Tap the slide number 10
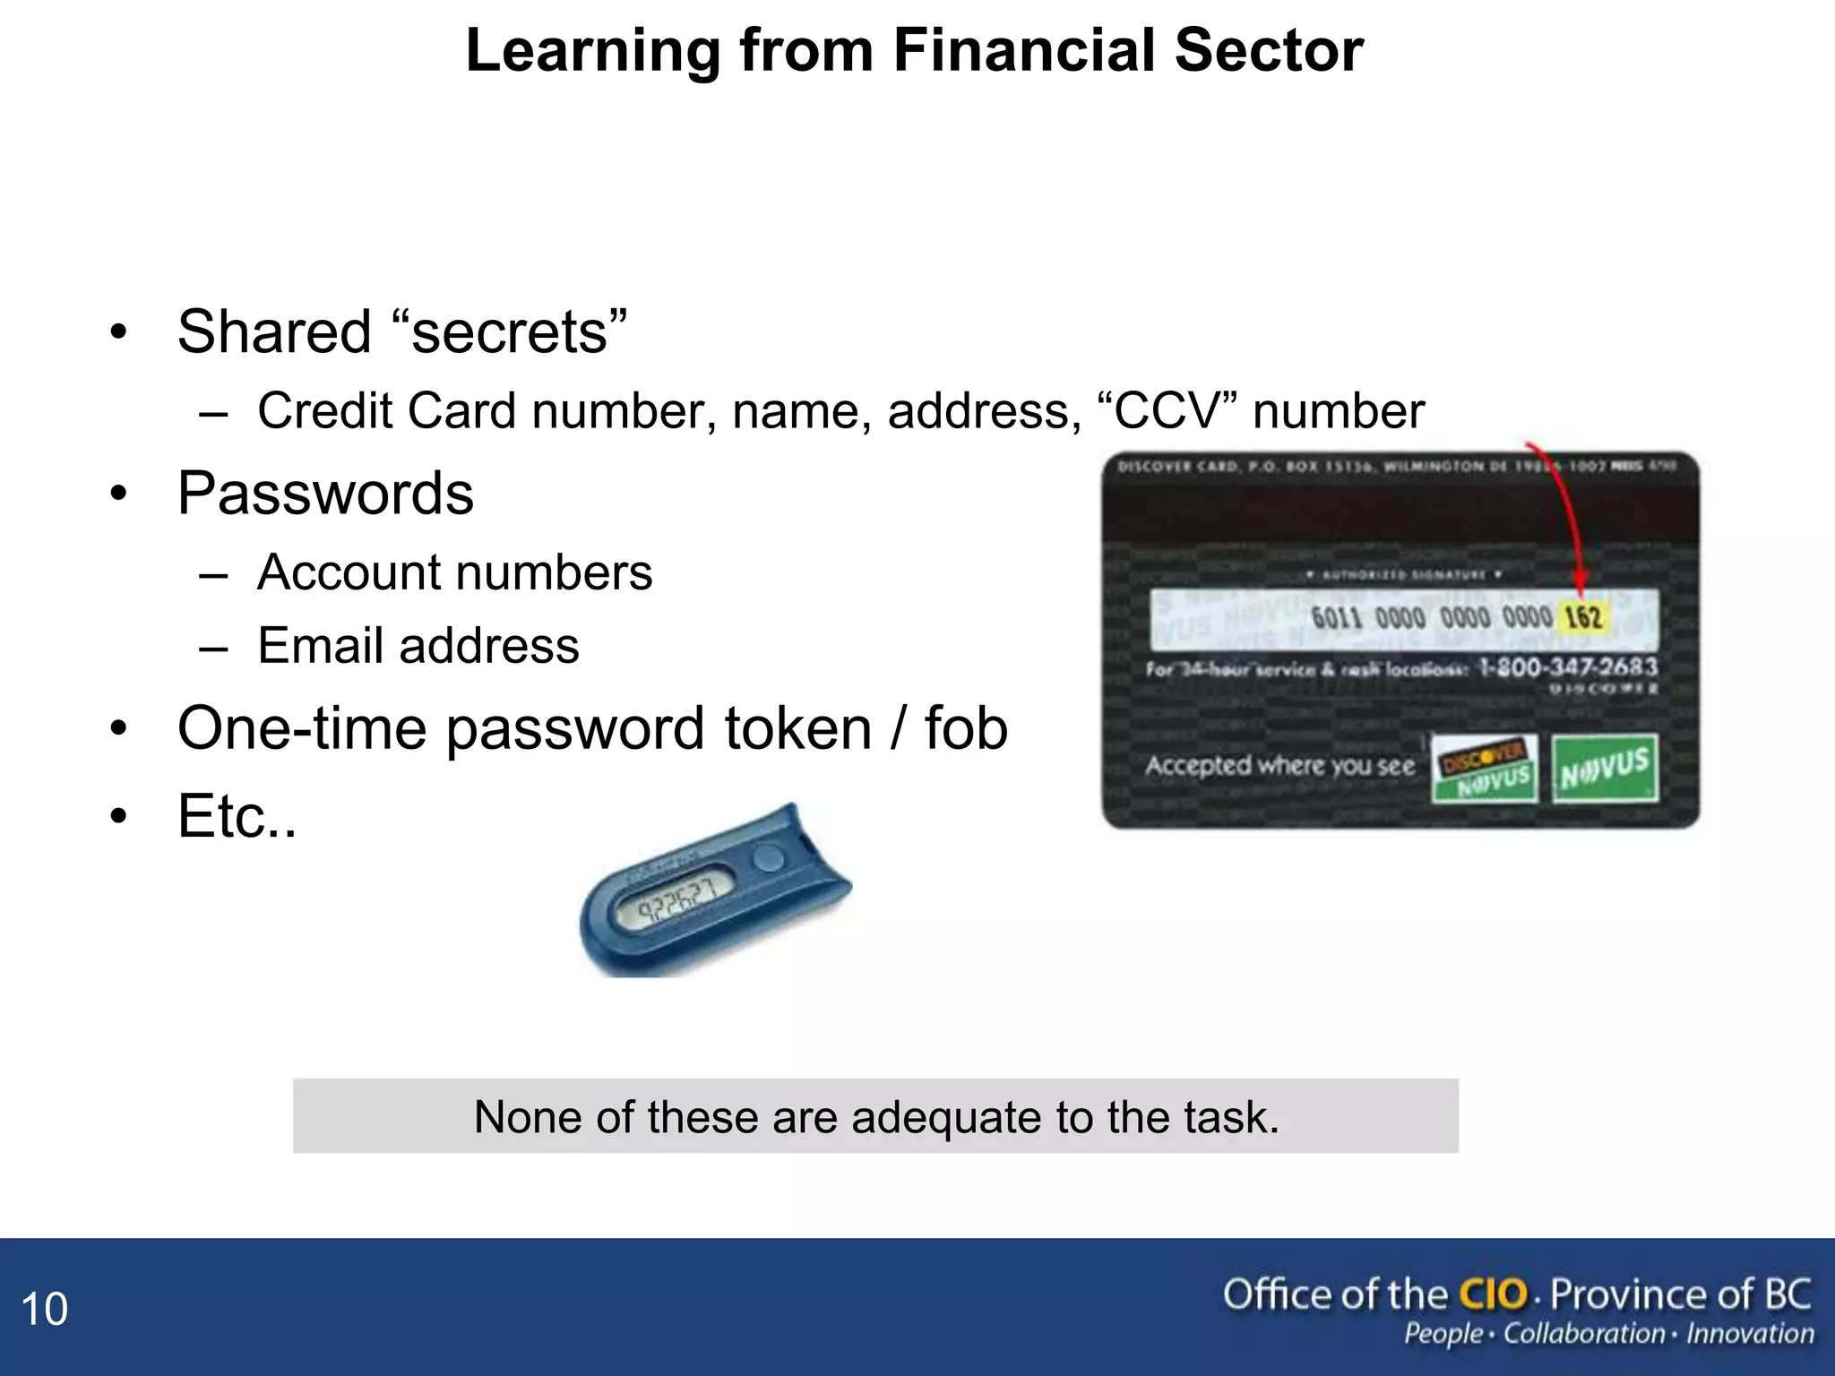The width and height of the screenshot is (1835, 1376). pyautogui.click(x=44, y=1310)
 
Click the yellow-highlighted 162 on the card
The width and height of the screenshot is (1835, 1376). pyautogui.click(x=1583, y=617)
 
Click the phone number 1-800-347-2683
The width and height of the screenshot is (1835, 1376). pyautogui.click(x=1567, y=666)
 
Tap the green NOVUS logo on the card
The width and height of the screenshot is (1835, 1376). pyautogui.click(x=1604, y=769)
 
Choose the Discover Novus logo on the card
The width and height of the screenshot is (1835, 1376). pyautogui.click(x=1484, y=769)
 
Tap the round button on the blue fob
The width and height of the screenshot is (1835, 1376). pyautogui.click(x=766, y=857)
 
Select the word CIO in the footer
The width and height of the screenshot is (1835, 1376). pyautogui.click(x=1493, y=1294)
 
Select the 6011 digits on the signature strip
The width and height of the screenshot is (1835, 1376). pyautogui.click(x=1336, y=617)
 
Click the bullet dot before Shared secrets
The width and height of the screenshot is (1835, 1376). pyautogui.click(x=118, y=333)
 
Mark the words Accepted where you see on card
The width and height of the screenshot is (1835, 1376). pyautogui.click(x=1279, y=766)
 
